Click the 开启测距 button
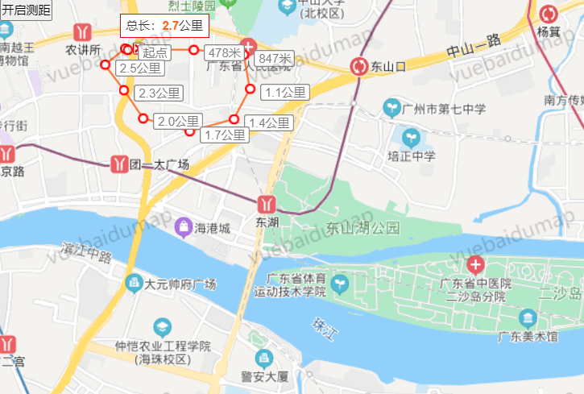click(25, 10)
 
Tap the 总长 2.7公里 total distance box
click(164, 26)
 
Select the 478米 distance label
click(224, 52)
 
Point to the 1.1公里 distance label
click(284, 93)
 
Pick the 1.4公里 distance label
click(269, 122)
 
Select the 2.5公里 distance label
click(139, 68)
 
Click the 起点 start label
click(155, 52)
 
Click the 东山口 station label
click(394, 66)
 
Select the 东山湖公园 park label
click(363, 228)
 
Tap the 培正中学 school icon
click(412, 137)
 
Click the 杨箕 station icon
click(549, 14)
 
